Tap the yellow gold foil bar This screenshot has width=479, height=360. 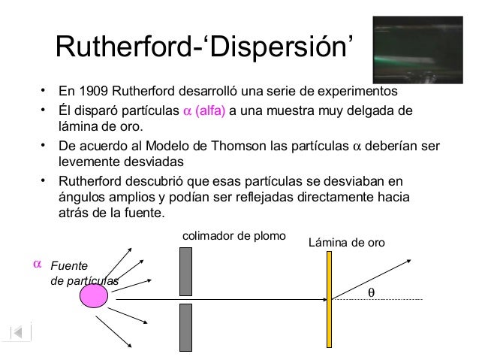point(329,299)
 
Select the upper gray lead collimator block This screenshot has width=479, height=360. point(186,271)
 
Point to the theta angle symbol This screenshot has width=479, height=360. point(369,292)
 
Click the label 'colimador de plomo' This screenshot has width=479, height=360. point(234,236)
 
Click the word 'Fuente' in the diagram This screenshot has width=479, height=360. point(68,267)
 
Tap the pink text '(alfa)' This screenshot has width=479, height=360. point(210,112)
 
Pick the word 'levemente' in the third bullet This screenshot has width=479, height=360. point(86,162)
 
